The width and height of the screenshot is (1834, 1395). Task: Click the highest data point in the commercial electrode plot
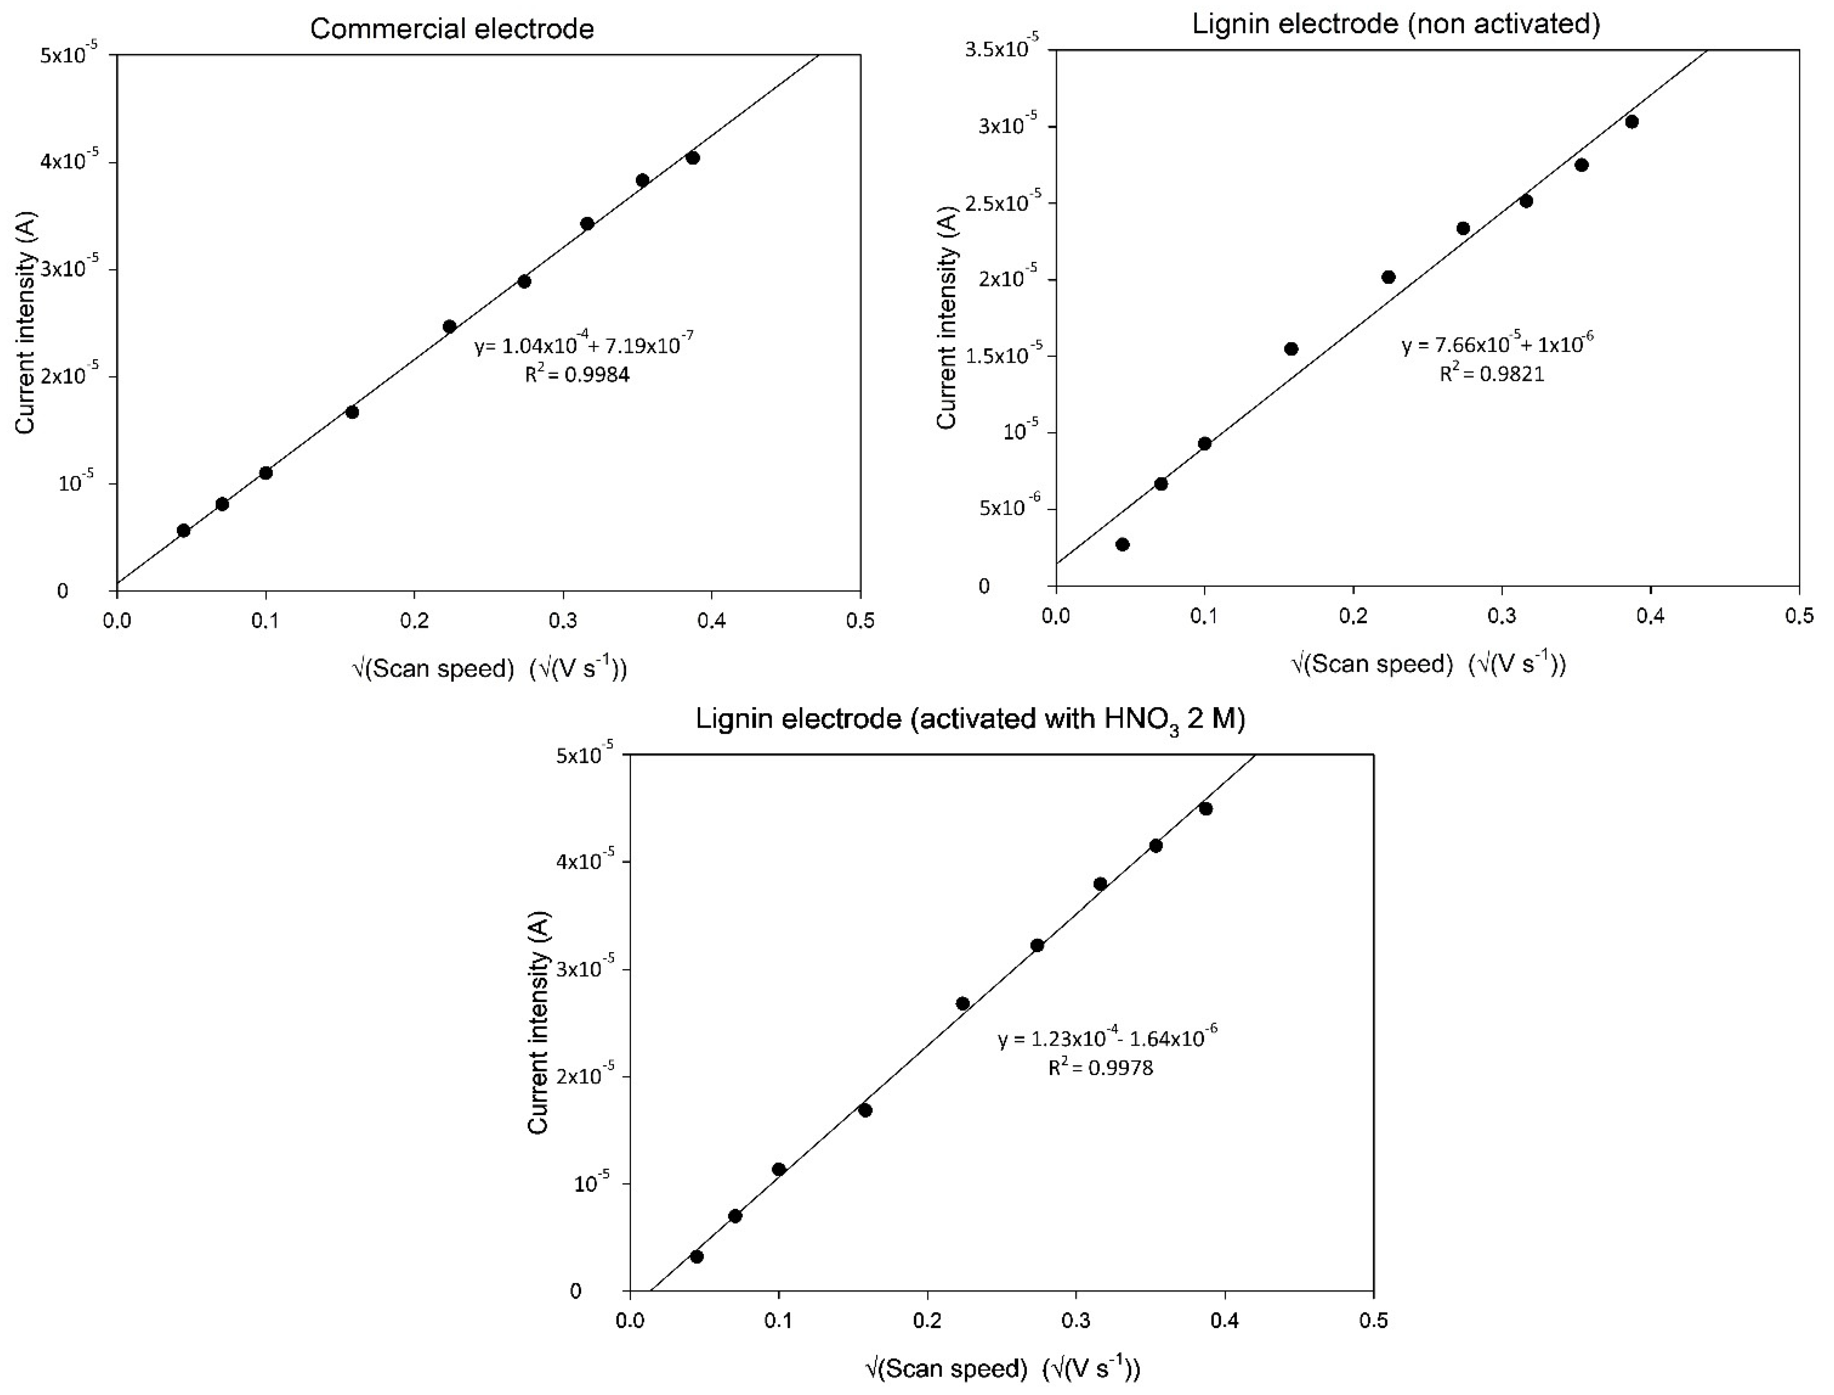693,158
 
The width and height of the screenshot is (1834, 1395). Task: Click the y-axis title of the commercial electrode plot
27,322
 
